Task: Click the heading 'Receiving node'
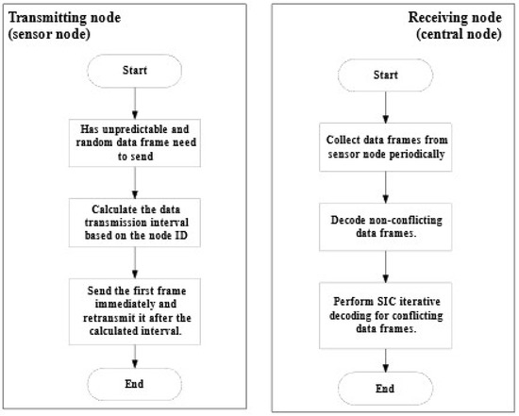point(455,18)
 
